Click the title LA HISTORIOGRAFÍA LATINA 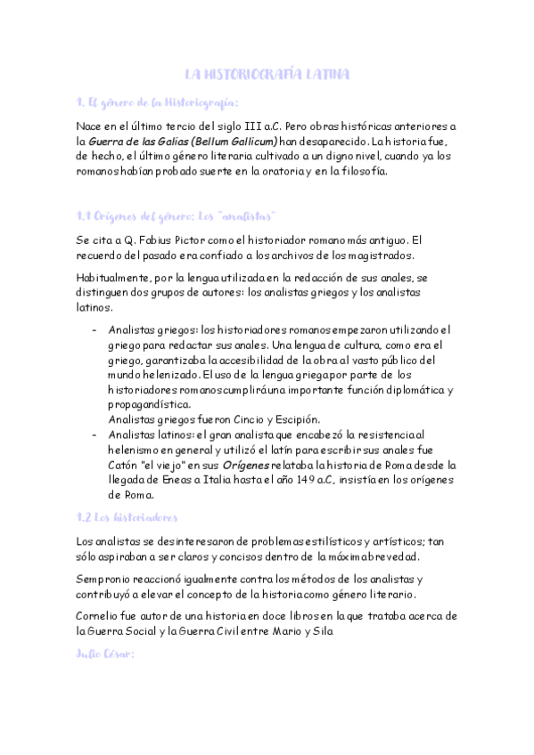(267, 74)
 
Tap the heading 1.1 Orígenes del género (175, 216)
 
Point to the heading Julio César (105, 654)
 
